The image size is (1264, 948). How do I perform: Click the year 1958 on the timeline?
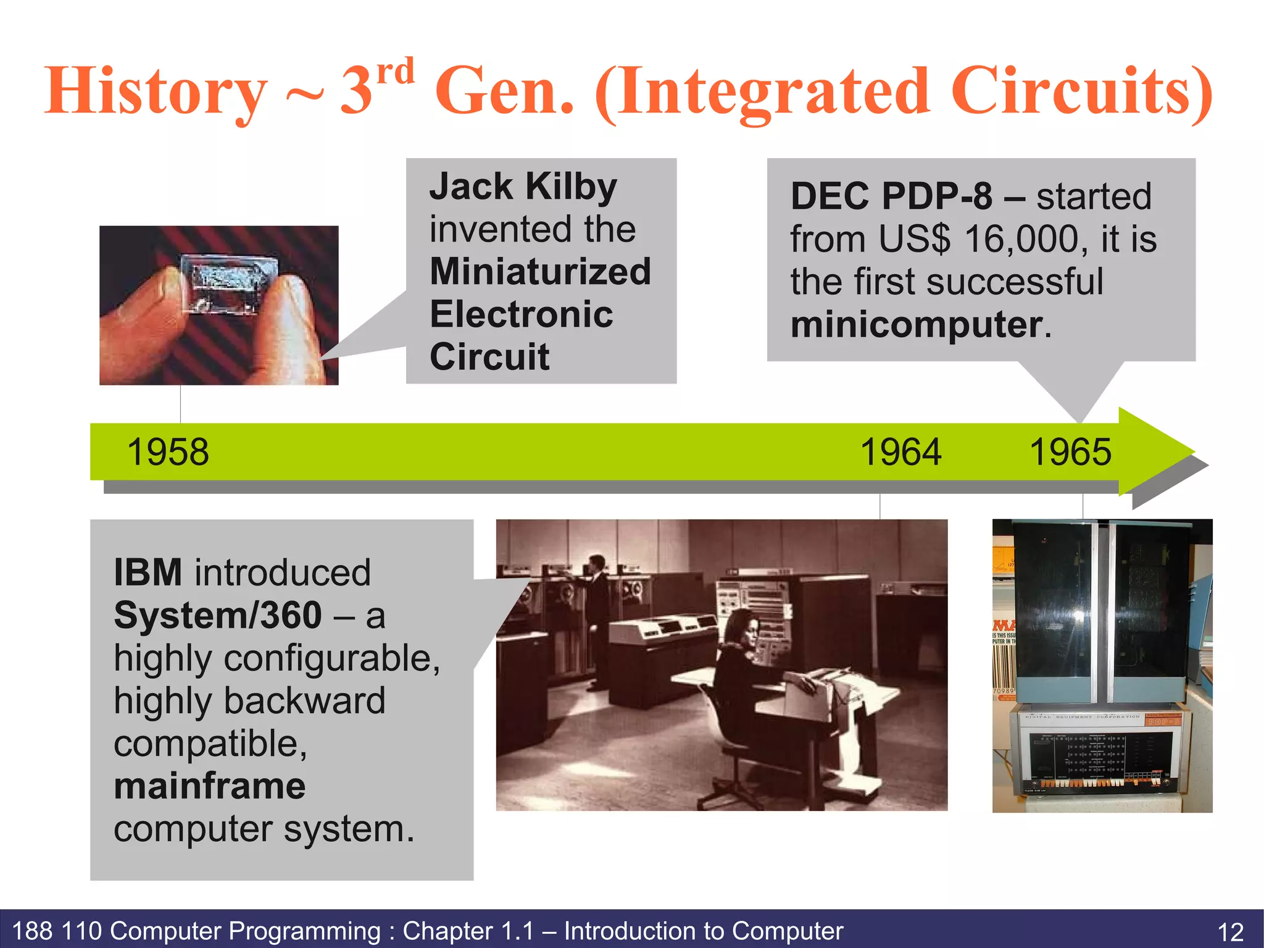[x=168, y=452]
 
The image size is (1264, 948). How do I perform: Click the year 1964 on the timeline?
[x=900, y=452]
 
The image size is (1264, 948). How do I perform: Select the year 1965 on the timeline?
[x=1070, y=452]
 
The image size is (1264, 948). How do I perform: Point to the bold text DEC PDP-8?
[x=891, y=196]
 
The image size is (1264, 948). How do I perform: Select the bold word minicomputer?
[x=917, y=325]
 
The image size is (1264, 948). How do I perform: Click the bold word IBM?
[x=148, y=573]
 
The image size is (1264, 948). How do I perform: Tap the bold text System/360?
[x=218, y=615]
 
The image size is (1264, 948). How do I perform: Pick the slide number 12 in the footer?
[x=1230, y=931]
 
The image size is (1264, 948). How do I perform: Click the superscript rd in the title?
[x=395, y=73]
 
